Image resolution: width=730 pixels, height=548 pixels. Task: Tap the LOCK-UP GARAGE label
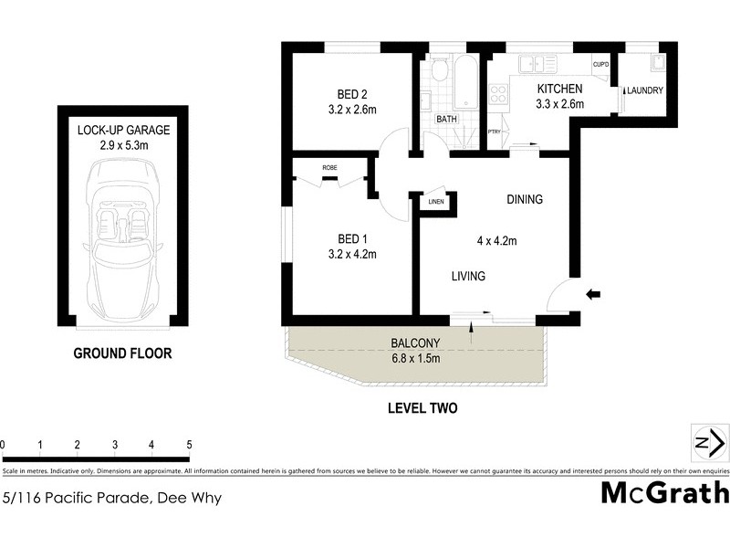coord(123,130)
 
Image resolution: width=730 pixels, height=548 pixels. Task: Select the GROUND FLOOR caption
coord(122,353)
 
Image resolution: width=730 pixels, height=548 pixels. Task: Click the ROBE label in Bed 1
coord(330,167)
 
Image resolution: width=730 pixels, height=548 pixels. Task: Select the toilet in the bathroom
coord(439,70)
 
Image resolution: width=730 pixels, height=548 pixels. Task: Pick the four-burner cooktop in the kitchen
coord(498,93)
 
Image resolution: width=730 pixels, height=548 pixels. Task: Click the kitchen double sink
coord(537,63)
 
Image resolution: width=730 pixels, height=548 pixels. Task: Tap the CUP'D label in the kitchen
coord(600,65)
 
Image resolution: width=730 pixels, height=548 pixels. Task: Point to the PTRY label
coord(495,132)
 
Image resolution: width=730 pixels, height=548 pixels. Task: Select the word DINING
coord(525,200)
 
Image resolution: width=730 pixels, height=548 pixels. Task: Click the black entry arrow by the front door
coord(593,293)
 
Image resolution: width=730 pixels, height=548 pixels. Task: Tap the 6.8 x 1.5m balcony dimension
coord(415,358)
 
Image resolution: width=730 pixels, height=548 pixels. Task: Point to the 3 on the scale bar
coord(115,445)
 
